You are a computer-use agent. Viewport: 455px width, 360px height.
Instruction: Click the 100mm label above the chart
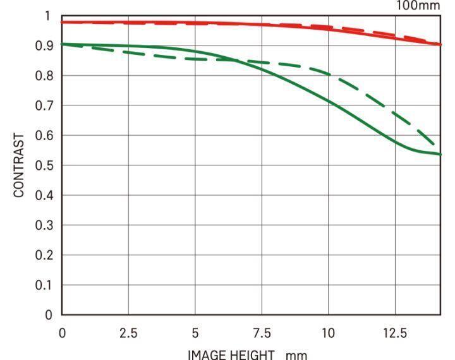(417, 6)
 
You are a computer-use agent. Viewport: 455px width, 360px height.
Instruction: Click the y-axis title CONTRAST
(19, 165)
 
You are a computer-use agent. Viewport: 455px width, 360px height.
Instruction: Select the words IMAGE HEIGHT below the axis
(231, 354)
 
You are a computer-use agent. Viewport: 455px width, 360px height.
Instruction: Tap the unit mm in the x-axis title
(296, 355)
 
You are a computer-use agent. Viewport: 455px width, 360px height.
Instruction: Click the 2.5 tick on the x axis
(129, 333)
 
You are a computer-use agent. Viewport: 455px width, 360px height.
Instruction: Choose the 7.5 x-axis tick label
(262, 333)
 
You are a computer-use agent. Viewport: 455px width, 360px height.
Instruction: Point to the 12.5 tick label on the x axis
(395, 333)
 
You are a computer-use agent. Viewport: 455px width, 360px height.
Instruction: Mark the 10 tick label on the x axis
(328, 333)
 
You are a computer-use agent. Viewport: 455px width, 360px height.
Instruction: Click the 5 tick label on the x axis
(195, 333)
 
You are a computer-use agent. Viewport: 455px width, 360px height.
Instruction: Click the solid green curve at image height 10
(328, 99)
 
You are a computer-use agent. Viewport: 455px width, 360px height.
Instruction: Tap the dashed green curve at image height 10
(328, 73)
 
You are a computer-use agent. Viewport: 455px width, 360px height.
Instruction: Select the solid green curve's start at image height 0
(63, 44)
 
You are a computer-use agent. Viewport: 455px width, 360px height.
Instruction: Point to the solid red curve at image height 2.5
(129, 23)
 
